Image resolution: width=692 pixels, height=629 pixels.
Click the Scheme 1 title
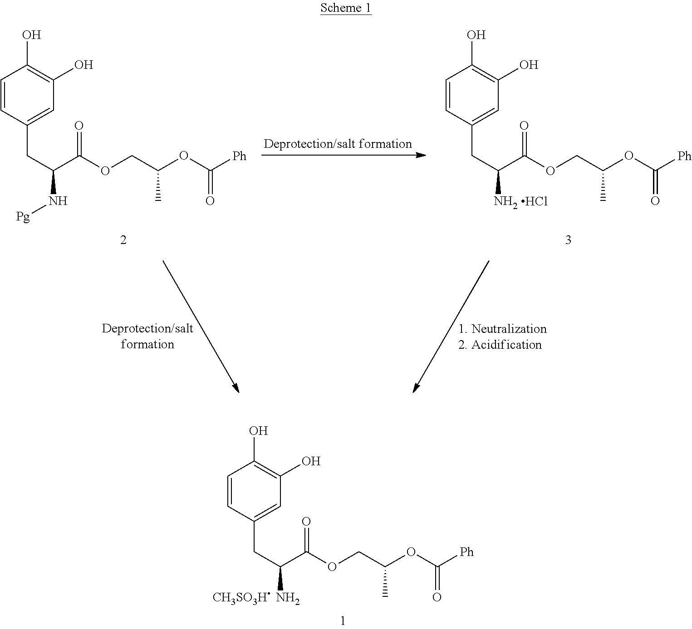(x=346, y=8)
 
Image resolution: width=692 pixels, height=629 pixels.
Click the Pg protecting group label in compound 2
(x=23, y=216)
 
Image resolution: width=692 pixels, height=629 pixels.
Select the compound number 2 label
(x=123, y=239)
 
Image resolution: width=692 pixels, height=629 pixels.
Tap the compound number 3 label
(x=568, y=239)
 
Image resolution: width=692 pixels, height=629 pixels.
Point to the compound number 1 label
(x=343, y=621)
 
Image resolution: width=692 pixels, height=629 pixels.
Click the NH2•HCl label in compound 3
(x=520, y=201)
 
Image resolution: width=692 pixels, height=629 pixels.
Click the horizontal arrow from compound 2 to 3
(x=344, y=155)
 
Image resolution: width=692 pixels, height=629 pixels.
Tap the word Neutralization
(x=509, y=329)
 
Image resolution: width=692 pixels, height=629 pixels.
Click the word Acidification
(x=506, y=345)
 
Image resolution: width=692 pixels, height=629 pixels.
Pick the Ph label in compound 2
(x=239, y=156)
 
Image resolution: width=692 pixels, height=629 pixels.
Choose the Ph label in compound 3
(x=684, y=156)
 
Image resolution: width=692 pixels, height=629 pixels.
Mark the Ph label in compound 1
(x=466, y=552)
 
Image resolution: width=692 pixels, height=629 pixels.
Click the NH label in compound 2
(x=58, y=201)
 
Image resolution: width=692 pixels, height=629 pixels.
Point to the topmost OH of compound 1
(x=259, y=430)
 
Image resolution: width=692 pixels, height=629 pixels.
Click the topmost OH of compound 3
(x=476, y=35)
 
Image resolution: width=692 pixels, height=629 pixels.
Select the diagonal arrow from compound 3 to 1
(x=451, y=326)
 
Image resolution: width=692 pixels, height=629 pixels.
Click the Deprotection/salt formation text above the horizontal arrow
(x=338, y=144)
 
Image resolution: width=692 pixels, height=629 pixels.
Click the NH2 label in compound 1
(x=288, y=598)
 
